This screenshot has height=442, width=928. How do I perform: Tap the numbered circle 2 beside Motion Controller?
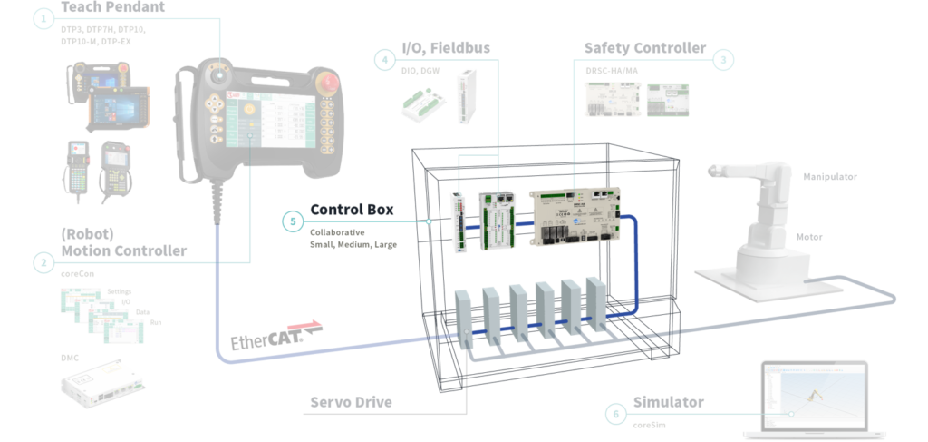tap(43, 262)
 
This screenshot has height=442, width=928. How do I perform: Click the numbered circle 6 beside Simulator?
tap(615, 413)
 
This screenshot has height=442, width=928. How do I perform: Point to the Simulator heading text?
tap(670, 402)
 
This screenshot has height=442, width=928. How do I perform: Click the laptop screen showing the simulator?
tap(814, 395)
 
